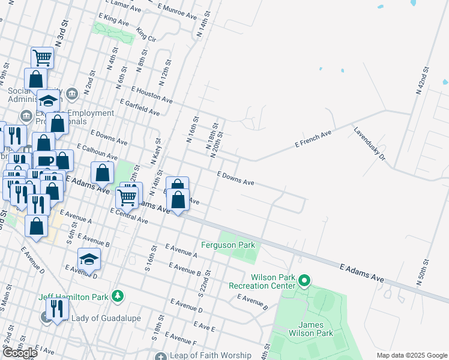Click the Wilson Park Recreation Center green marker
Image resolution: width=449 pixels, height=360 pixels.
tap(304, 280)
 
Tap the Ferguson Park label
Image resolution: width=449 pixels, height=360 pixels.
tap(228, 245)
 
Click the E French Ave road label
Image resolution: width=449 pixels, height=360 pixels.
tap(313, 139)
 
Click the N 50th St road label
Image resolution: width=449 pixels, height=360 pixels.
tap(427, 272)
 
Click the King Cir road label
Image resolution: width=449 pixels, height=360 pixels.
tap(146, 34)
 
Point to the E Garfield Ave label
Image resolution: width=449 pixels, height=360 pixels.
tap(140, 107)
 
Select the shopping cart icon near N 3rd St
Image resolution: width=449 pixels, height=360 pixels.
tap(43, 58)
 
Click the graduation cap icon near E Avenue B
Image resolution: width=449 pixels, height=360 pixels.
tap(89, 259)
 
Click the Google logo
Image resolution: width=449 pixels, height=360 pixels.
tap(20, 353)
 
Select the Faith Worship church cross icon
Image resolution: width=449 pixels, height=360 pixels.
tap(160, 356)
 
